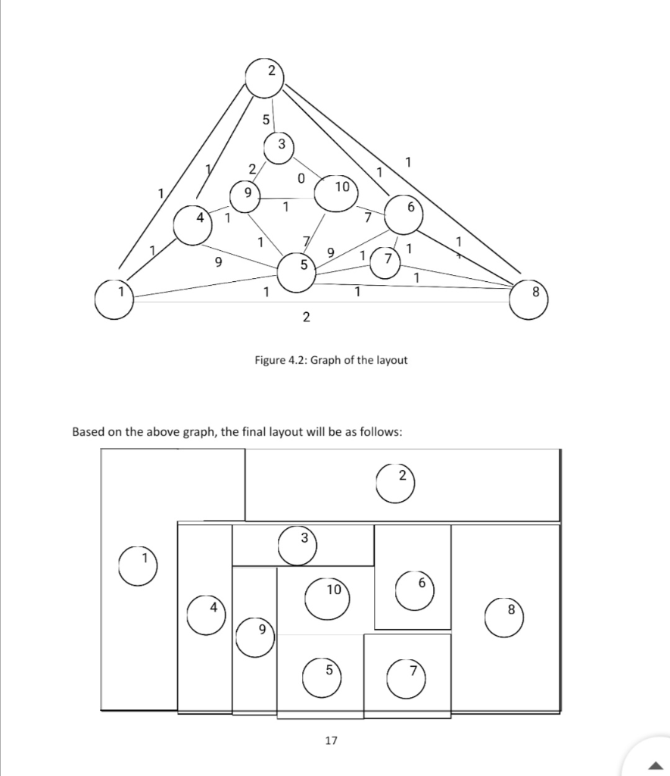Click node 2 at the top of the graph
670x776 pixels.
(x=264, y=78)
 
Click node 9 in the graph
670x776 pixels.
(x=245, y=197)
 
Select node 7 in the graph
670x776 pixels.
(x=387, y=262)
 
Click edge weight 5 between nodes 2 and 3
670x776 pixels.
(x=265, y=120)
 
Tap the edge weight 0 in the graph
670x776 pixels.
(x=301, y=179)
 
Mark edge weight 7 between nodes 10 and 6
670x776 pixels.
(x=367, y=218)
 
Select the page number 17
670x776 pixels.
(x=331, y=740)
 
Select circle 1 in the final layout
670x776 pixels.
(x=138, y=567)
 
